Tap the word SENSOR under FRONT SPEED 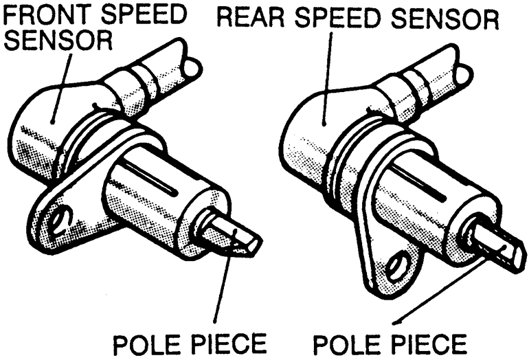click(58, 40)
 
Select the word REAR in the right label click(251, 18)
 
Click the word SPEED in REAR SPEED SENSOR click(339, 18)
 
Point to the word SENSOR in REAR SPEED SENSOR click(444, 19)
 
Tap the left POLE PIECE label click(190, 344)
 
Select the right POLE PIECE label click(390, 344)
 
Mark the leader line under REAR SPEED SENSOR click(327, 78)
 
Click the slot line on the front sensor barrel click(151, 178)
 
